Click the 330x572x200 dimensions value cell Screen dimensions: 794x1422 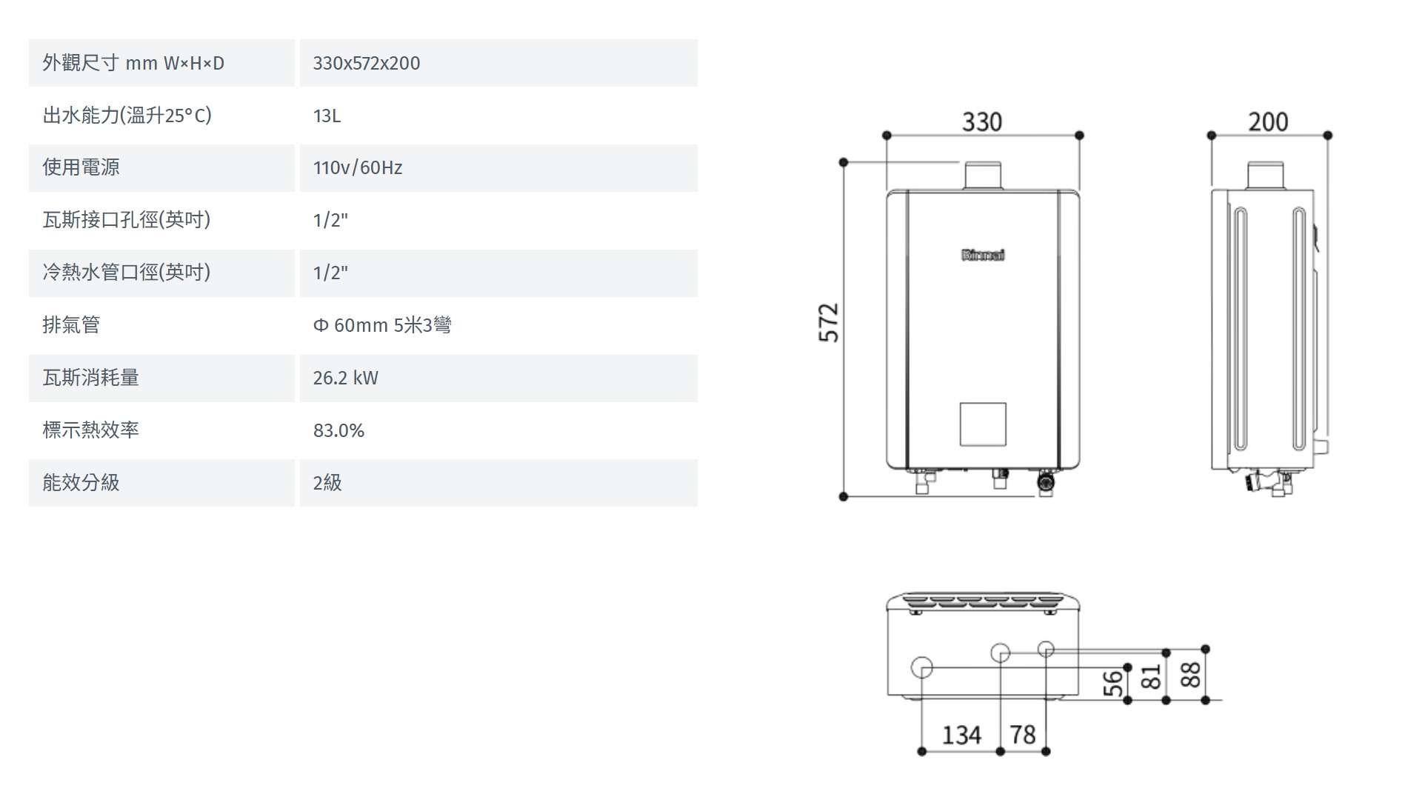coord(367,63)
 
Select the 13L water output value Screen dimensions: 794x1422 coord(327,116)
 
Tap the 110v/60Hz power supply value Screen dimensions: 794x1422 coord(358,167)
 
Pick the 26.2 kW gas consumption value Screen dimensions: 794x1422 coord(345,378)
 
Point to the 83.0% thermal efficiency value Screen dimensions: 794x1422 coord(338,430)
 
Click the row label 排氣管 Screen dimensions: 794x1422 coord(71,325)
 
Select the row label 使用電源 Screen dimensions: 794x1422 coord(81,167)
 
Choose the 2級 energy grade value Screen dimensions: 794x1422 coord(327,483)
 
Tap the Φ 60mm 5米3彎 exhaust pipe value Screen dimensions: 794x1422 coord(381,325)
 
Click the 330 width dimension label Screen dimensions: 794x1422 coord(982,121)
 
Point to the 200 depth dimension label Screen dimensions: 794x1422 coord(1268,121)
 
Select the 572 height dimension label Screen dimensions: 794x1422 coord(829,322)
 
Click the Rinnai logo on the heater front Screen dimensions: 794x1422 coord(983,256)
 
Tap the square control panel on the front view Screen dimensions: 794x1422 coord(983,424)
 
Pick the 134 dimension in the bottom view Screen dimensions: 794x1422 coord(961,735)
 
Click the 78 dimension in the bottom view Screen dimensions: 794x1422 coord(1023,735)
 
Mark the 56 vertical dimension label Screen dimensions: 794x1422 coord(1112,684)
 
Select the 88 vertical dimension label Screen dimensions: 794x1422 coord(1190,675)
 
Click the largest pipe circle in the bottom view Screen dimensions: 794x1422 coord(921,667)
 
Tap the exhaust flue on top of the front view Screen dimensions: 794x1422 coord(983,176)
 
